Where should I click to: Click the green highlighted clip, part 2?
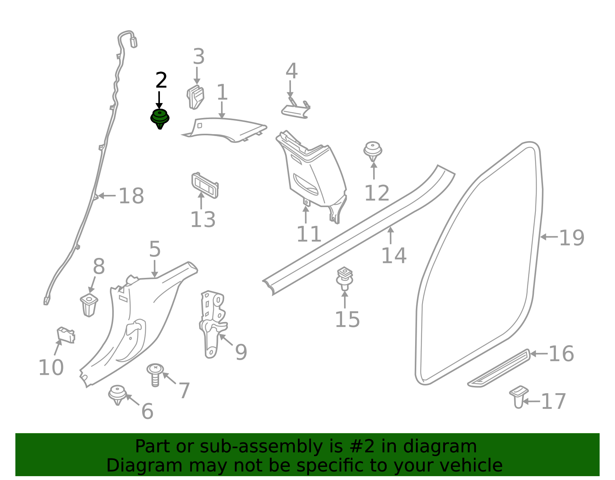point(160,118)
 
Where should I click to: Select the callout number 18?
point(131,196)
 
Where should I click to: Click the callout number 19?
point(572,238)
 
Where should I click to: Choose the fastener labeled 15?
point(345,278)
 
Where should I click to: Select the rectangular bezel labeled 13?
point(205,185)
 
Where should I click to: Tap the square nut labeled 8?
point(89,305)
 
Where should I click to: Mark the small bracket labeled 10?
point(66,335)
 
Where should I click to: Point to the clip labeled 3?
point(195,97)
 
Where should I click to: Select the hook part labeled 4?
point(296,108)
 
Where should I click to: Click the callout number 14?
point(394,256)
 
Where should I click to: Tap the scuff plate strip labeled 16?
point(499,369)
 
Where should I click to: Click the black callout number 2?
point(161,80)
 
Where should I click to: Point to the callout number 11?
point(309,234)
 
